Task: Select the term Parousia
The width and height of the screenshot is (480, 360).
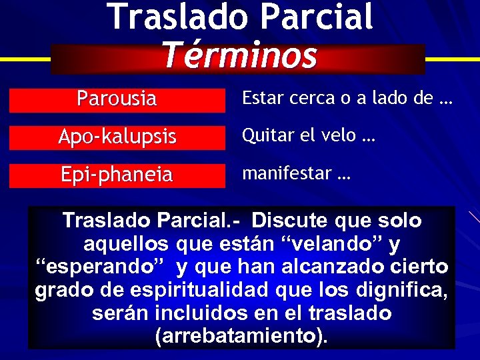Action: (117, 99)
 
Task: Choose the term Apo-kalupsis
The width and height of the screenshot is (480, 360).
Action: (117, 137)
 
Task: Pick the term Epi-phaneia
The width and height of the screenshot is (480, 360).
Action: (117, 175)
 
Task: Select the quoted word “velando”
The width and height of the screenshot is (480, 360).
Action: (335, 244)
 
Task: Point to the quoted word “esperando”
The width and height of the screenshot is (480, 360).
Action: (101, 268)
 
